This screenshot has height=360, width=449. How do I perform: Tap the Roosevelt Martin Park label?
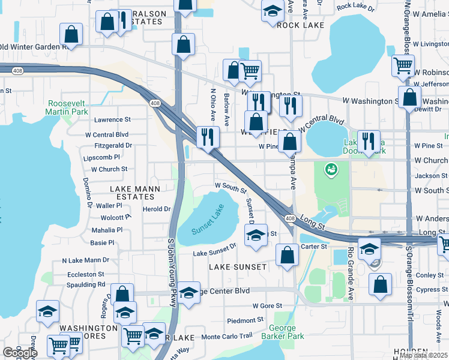(x=68, y=107)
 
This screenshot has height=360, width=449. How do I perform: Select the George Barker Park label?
(x=282, y=332)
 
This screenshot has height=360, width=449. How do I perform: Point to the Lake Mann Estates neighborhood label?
(x=135, y=192)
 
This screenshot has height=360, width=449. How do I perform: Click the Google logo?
(x=20, y=353)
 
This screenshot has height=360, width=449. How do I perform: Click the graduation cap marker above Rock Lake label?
(x=273, y=11)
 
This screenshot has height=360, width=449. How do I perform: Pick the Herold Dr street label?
(x=157, y=209)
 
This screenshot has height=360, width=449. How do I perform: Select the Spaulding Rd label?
(x=86, y=284)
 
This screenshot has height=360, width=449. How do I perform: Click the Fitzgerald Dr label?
(x=113, y=145)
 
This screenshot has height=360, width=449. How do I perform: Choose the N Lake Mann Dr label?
(x=85, y=260)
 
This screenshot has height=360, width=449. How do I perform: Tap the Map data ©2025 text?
(x=424, y=355)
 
